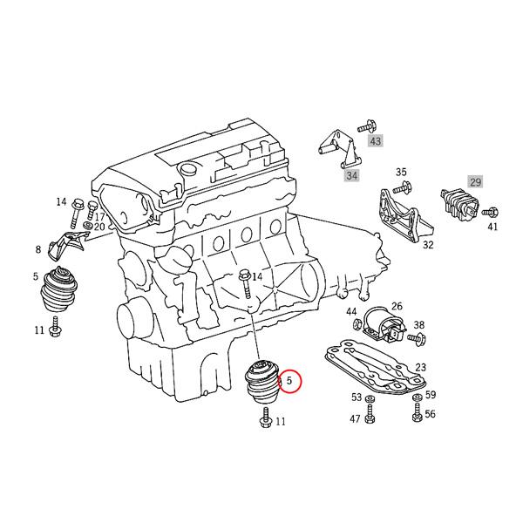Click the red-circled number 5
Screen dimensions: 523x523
(290, 381)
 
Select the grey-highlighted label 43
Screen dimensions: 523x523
(376, 139)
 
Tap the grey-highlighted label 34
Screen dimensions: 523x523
(352, 176)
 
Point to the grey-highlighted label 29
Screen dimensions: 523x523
(476, 181)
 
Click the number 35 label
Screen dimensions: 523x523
(402, 172)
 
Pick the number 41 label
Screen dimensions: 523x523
(493, 228)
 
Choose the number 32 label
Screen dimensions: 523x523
(428, 245)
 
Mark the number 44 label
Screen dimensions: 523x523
(351, 311)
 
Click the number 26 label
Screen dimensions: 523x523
(397, 306)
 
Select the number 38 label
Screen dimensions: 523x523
(419, 324)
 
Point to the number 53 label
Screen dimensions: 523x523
(357, 397)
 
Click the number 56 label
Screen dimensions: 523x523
(430, 414)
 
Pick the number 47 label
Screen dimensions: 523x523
(356, 419)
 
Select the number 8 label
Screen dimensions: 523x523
(38, 250)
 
